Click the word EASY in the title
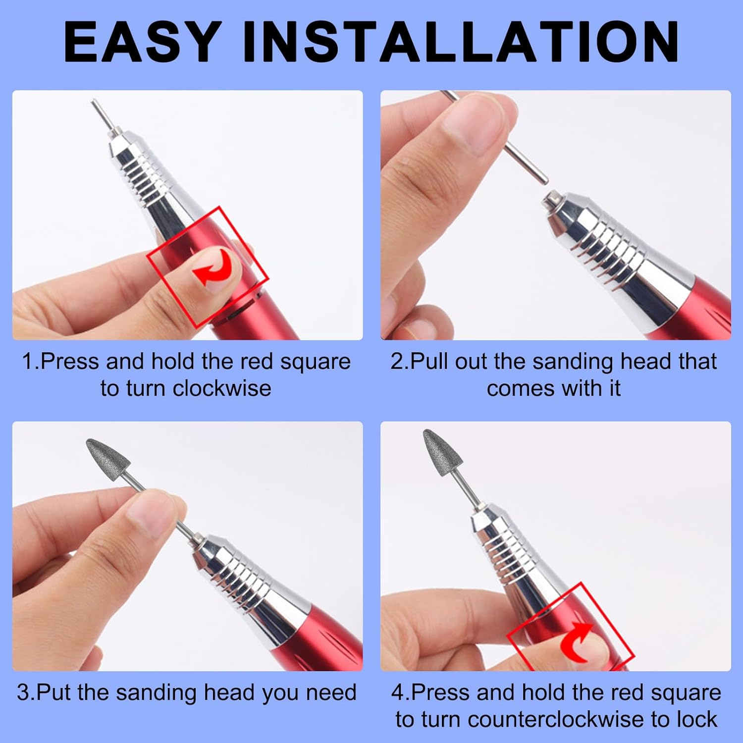(x=141, y=42)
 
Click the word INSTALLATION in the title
(x=461, y=42)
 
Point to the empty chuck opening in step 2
(x=549, y=201)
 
